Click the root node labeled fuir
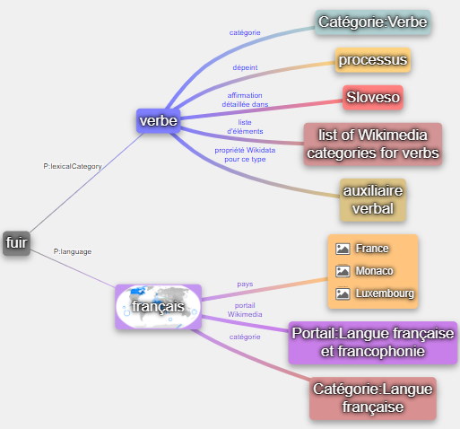[x=17, y=243]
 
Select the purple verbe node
[x=159, y=121]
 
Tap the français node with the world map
[x=159, y=307]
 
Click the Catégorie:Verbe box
[x=373, y=22]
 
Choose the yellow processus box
[x=373, y=60]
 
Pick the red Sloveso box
[x=373, y=98]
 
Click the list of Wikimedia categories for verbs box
[x=373, y=144]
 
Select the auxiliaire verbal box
[x=373, y=200]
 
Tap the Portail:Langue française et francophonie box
[x=373, y=343]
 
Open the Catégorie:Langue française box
[x=373, y=398]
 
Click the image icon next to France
[x=343, y=249]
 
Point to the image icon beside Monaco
[x=343, y=271]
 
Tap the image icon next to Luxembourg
[x=343, y=293]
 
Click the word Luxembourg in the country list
[x=385, y=293]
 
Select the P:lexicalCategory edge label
[x=73, y=166]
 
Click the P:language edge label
[x=73, y=251]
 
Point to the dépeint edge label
[x=245, y=67]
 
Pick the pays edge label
[x=245, y=284]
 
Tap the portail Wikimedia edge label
[x=245, y=310]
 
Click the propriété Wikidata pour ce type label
[x=245, y=154]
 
